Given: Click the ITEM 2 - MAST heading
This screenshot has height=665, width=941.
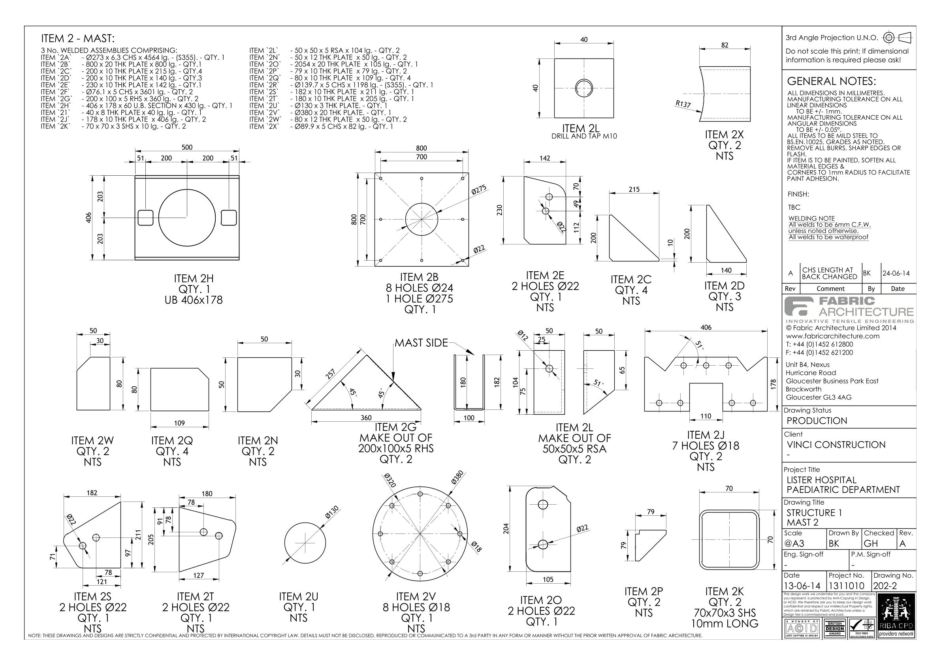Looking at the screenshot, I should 78,39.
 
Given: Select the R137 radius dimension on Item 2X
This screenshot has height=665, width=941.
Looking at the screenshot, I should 683,104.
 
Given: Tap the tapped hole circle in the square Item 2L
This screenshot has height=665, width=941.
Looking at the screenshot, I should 584,88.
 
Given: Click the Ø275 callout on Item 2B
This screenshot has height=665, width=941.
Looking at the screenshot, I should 479,190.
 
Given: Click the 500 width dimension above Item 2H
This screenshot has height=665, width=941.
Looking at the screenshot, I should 187,148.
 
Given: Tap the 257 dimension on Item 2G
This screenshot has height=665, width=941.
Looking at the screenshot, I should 330,374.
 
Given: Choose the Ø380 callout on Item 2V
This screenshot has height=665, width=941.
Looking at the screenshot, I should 457,477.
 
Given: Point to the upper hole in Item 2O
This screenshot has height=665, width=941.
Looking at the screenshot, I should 543,504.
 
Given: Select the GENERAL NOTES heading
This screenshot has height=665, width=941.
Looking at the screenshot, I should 831,81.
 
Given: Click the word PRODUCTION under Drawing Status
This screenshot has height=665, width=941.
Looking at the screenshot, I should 817,421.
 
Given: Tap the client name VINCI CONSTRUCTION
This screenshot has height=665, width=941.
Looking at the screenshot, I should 836,445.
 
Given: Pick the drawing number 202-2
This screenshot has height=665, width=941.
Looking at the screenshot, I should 885,586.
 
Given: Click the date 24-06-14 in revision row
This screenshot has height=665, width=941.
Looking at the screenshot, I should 896,273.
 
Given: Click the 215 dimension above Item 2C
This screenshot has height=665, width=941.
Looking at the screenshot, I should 634,189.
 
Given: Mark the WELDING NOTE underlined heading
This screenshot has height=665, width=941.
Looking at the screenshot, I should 811,218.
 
